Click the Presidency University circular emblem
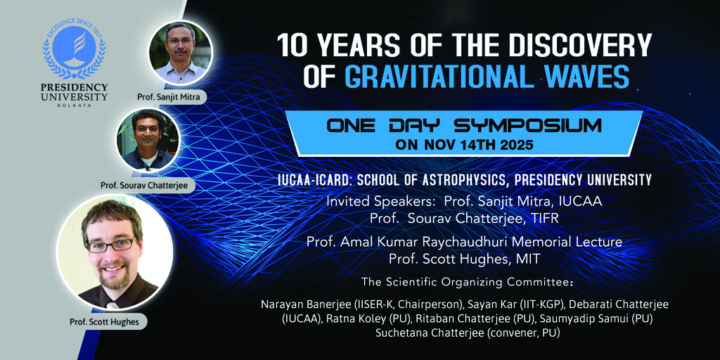(x=74, y=50)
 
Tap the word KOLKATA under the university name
(x=74, y=105)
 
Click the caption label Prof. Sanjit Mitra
(x=172, y=97)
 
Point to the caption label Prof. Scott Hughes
(x=104, y=322)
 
